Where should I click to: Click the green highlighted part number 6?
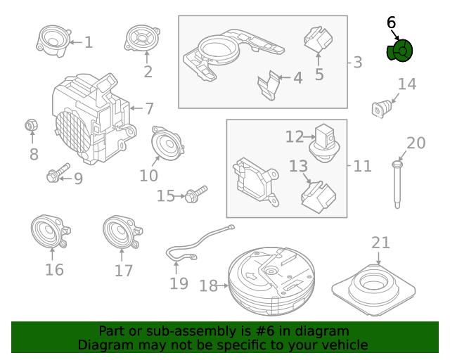[x=400, y=51]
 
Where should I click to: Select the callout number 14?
[x=407, y=84]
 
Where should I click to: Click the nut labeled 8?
[x=31, y=126]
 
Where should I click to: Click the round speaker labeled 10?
[x=168, y=144]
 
